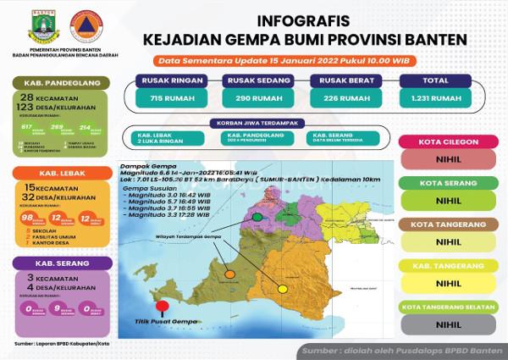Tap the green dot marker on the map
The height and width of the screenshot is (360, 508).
[x=258, y=218]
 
